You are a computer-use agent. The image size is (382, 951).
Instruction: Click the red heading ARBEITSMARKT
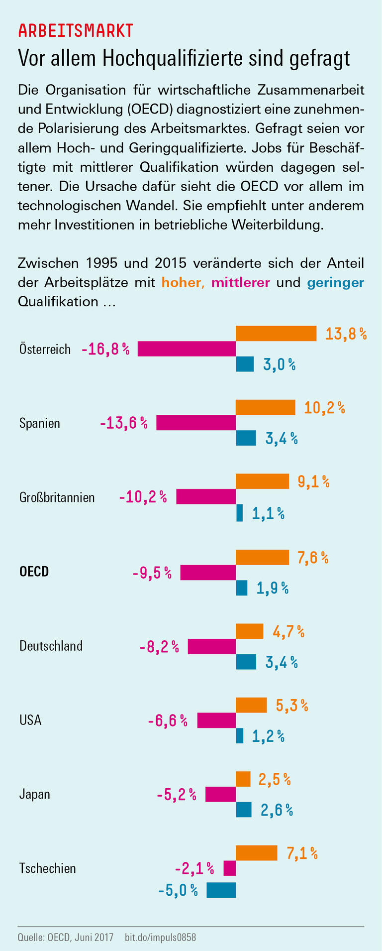(x=76, y=31)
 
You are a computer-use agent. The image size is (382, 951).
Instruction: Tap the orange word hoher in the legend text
(x=181, y=282)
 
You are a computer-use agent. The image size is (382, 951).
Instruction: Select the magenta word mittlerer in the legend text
(x=240, y=282)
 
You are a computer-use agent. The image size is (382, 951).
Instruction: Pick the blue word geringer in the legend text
(x=335, y=283)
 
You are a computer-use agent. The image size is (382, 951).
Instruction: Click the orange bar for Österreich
(x=276, y=334)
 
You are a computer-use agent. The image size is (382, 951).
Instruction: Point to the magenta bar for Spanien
(x=195, y=423)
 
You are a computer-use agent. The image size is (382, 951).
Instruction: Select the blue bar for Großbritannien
(x=239, y=512)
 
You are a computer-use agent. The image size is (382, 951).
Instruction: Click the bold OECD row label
(x=34, y=572)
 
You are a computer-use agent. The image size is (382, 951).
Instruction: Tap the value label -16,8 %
(x=105, y=349)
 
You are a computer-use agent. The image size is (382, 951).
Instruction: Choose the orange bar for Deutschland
(x=249, y=631)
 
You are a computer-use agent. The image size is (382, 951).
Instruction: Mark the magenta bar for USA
(x=216, y=720)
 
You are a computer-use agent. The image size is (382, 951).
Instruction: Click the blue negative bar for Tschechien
(x=221, y=890)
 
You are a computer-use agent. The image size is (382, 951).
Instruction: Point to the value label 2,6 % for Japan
(x=277, y=810)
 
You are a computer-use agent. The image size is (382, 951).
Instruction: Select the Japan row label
(x=34, y=794)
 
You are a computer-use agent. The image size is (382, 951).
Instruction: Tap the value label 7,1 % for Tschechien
(x=302, y=853)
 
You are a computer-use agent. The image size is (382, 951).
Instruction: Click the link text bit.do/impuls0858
(x=160, y=938)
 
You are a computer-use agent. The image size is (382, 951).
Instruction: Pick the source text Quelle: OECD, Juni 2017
(x=66, y=938)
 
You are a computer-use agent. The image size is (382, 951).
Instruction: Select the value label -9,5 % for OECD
(x=152, y=573)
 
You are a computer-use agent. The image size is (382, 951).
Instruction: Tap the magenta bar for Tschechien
(x=229, y=869)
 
